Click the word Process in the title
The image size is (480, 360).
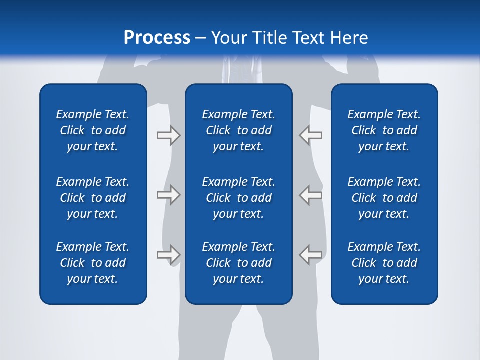coord(157,38)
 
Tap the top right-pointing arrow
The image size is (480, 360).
coord(168,135)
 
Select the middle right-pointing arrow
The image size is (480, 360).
coord(168,195)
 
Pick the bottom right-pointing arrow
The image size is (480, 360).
coord(168,255)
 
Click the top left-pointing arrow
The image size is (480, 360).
coord(311,135)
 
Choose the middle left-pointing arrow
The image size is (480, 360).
coord(311,195)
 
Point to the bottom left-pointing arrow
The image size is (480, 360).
coord(311,255)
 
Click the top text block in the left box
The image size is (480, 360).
coord(93,130)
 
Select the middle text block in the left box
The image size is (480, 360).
coord(93,198)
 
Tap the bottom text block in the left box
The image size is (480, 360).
coord(93,263)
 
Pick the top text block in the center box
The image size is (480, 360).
coord(238,130)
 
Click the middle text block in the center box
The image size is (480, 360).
coord(238,198)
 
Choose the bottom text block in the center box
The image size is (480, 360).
coord(238,263)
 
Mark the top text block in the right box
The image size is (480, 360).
coord(384,130)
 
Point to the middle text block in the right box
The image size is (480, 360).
coord(384,198)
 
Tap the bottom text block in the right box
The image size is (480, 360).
coord(384,263)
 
